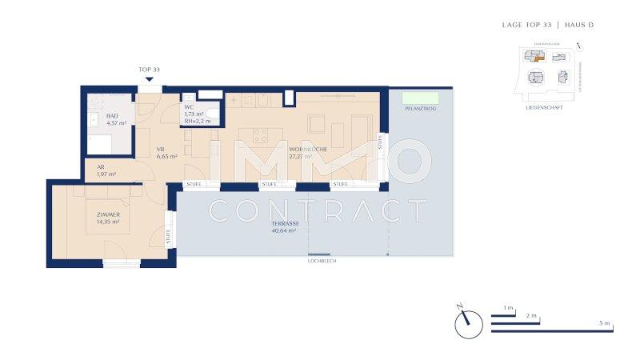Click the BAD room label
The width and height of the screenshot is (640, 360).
(x=112, y=116)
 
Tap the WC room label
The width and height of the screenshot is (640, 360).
(x=189, y=107)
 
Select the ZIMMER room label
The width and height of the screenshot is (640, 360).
(x=108, y=214)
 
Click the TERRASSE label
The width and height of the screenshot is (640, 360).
(x=284, y=223)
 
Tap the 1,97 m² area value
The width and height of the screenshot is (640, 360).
(x=106, y=174)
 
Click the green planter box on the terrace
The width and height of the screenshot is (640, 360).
(x=415, y=98)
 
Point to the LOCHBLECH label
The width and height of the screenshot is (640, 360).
(x=322, y=262)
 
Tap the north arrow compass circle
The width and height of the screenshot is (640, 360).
(x=469, y=324)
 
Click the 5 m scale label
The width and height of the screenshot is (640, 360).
(x=605, y=323)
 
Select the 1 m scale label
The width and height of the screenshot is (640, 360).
(x=508, y=308)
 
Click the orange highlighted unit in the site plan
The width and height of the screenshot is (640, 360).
(x=538, y=58)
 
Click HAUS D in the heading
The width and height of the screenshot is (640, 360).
(x=579, y=25)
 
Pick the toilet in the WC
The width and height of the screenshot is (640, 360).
(x=212, y=111)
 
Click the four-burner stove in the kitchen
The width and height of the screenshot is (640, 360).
(x=260, y=134)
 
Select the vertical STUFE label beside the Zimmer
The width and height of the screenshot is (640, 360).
(x=169, y=235)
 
